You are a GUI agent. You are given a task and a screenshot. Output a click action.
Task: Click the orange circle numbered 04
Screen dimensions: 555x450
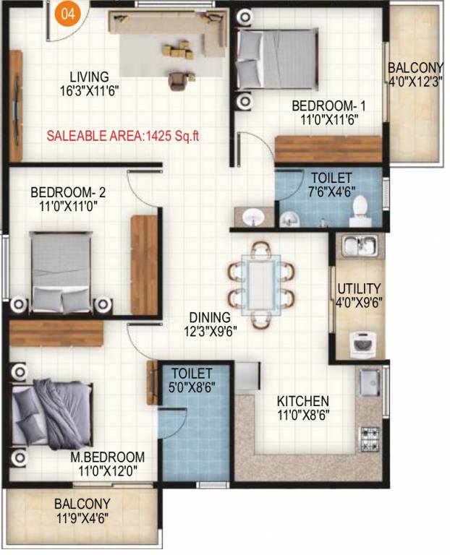pyautogui.click(x=67, y=17)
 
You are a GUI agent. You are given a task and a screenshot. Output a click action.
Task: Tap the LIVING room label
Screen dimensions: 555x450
pyautogui.click(x=89, y=77)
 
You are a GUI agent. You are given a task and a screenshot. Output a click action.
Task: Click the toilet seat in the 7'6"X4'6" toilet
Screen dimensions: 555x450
pyautogui.click(x=360, y=210)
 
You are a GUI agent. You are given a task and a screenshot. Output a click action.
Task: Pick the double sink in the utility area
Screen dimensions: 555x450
pyautogui.click(x=358, y=246)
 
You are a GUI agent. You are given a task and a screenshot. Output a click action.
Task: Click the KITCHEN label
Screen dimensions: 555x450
pyautogui.click(x=303, y=401)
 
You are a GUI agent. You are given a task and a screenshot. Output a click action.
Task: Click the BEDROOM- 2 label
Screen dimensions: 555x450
pyautogui.click(x=68, y=193)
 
